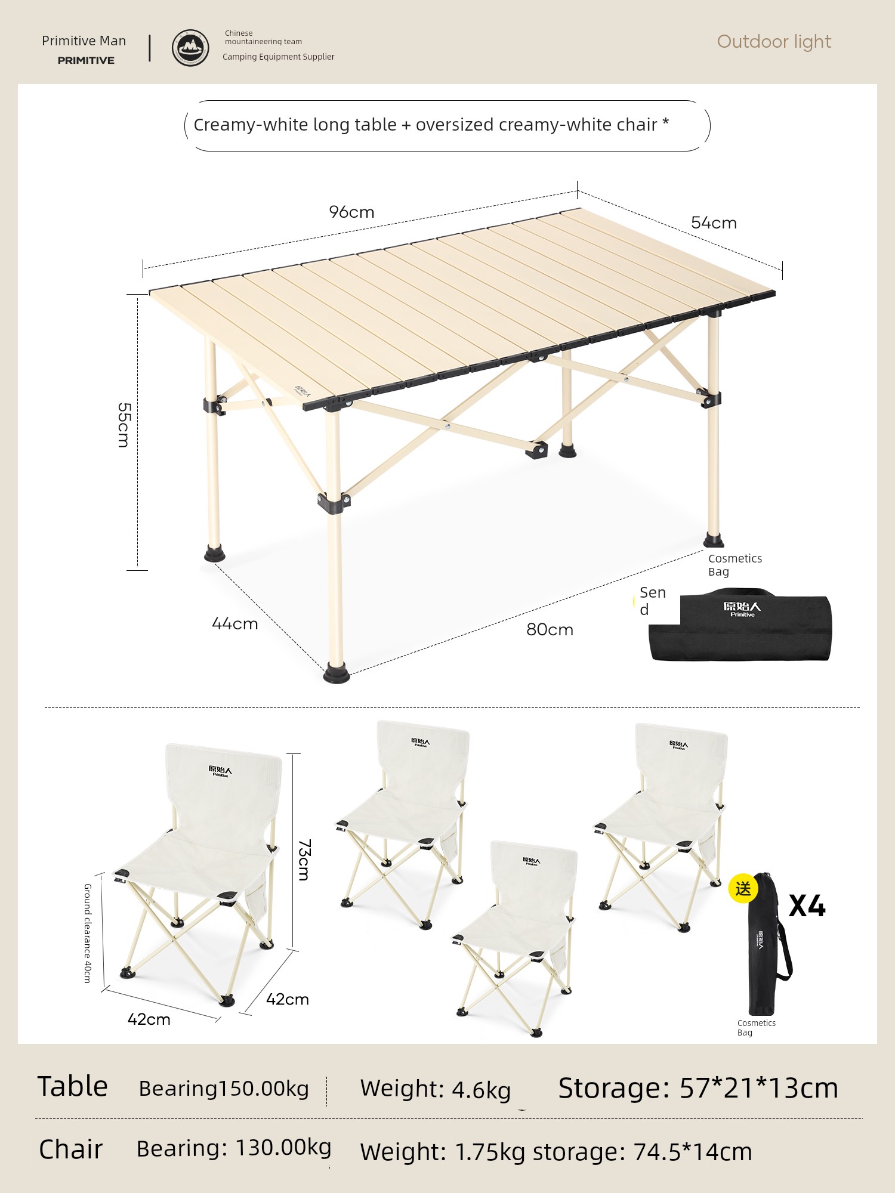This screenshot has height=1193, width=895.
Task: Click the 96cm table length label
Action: point(351,212)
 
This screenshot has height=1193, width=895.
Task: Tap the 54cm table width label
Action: point(714,222)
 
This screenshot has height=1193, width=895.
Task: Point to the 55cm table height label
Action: point(124,425)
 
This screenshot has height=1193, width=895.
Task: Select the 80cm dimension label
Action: point(550,629)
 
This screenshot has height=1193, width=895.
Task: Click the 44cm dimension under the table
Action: point(234,623)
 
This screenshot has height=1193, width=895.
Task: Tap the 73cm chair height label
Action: point(304,860)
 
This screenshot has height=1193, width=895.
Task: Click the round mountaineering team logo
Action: point(190,48)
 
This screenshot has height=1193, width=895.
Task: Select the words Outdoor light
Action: point(774,41)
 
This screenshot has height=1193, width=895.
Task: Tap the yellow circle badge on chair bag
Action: point(743,889)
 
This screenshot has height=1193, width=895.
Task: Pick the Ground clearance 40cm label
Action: point(88,933)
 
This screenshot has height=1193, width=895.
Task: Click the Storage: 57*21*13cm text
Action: point(698,1087)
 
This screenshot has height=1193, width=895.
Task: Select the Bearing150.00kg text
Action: point(224,1089)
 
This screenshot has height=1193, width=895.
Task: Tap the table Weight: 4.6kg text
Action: point(436,1089)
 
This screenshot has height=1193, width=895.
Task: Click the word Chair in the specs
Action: point(70,1149)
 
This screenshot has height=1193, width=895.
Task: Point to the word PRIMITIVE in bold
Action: point(86,60)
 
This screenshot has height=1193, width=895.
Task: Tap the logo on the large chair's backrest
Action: point(220,771)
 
